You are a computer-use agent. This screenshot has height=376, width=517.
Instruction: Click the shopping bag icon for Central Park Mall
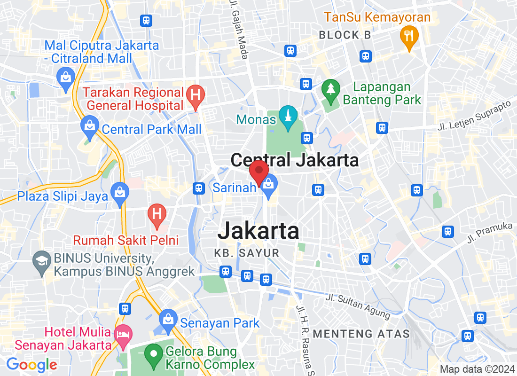[89, 126]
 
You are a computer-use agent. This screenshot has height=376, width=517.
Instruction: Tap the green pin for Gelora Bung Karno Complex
[153, 353]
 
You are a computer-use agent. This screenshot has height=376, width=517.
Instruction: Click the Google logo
[31, 364]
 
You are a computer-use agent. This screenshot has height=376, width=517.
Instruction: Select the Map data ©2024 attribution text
[477, 369]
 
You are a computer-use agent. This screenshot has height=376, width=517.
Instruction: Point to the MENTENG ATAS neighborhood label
[361, 334]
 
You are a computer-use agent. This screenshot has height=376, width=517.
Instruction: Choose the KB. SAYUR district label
[247, 253]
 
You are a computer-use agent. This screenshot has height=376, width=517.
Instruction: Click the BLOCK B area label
[345, 35]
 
